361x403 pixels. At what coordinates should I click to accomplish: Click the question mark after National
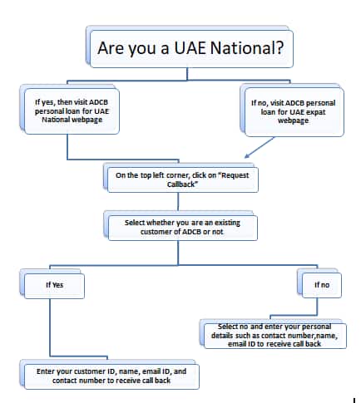tap(279, 47)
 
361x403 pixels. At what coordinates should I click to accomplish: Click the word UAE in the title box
tap(190, 47)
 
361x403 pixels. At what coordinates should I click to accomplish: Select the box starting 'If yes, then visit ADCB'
tap(72, 111)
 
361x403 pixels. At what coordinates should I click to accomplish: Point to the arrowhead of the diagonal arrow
tap(246, 156)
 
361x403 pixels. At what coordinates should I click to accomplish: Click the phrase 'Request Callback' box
tap(183, 179)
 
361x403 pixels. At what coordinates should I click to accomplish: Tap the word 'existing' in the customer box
tap(227, 223)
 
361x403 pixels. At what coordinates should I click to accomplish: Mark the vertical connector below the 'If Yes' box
tap(50, 327)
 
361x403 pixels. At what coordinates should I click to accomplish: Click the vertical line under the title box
tap(187, 74)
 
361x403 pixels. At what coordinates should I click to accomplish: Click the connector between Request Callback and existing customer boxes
tap(178, 201)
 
